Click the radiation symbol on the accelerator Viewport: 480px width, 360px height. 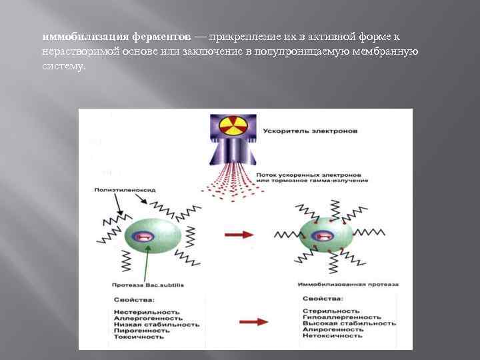point(233,128)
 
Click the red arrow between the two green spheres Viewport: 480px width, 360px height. point(239,235)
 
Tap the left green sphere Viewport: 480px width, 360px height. point(151,235)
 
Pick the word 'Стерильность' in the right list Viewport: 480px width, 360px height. point(331,311)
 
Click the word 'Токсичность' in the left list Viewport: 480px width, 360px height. point(139,337)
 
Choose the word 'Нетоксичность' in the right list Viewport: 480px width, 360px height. point(333,335)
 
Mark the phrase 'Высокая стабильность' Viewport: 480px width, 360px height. point(349,323)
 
